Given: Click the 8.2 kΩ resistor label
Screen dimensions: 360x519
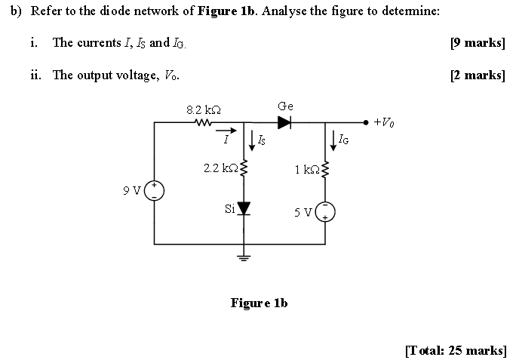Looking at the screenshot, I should (x=203, y=109).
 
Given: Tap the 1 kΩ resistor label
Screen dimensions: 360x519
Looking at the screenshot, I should (x=307, y=168).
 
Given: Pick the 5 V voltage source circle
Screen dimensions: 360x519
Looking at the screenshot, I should (x=326, y=211).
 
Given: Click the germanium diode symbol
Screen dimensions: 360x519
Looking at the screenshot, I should (x=284, y=121).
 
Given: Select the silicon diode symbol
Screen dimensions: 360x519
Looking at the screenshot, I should (x=244, y=208).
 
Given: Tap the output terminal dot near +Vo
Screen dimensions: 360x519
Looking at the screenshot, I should (x=366, y=121).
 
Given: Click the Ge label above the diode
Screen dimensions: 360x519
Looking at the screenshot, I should (x=285, y=106).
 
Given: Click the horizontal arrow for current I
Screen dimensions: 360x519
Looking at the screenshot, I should (x=224, y=130).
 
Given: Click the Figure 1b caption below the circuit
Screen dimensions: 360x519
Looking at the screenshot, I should (x=259, y=303).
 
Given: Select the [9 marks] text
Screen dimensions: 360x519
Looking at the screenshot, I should (x=477, y=42).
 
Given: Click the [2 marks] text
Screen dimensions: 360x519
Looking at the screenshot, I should (x=477, y=74).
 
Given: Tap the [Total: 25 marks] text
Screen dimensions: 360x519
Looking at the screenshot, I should (x=455, y=350).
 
